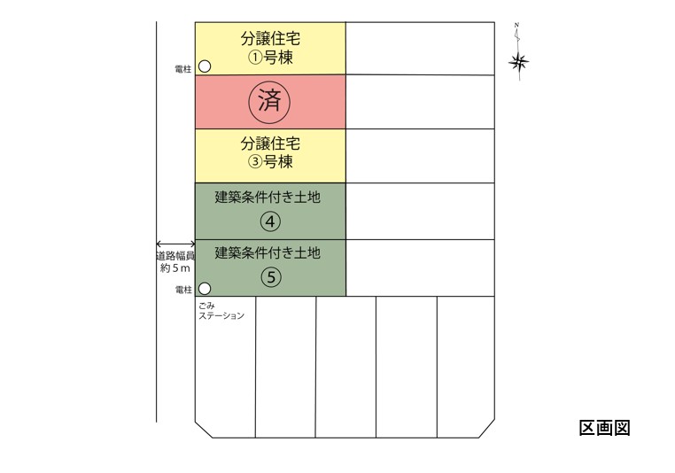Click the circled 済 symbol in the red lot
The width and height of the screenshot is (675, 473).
(269, 102)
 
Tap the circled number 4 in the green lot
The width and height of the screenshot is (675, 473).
(270, 221)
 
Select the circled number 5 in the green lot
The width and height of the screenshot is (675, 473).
(271, 277)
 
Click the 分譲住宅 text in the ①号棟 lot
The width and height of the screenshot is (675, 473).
(270, 39)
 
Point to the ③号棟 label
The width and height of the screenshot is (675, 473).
(270, 162)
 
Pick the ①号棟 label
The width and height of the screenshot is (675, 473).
(270, 58)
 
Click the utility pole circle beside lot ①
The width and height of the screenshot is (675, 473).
(205, 66)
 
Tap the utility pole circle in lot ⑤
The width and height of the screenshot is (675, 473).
(205, 289)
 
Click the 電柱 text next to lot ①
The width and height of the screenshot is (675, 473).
(183, 69)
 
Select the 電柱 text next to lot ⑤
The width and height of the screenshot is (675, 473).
(183, 290)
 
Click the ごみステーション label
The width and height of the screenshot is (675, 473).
(221, 311)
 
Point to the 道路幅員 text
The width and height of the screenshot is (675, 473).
(175, 256)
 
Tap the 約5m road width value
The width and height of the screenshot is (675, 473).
(175, 268)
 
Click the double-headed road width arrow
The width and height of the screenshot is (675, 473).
(175, 244)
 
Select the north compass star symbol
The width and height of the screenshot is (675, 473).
(519, 63)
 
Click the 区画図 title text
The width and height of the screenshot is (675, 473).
(604, 428)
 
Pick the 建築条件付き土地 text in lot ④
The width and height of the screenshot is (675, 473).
(268, 198)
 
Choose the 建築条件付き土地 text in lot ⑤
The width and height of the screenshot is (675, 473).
(268, 252)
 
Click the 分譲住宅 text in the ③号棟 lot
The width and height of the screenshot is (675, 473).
(270, 143)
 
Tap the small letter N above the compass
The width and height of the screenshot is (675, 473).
(516, 25)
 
